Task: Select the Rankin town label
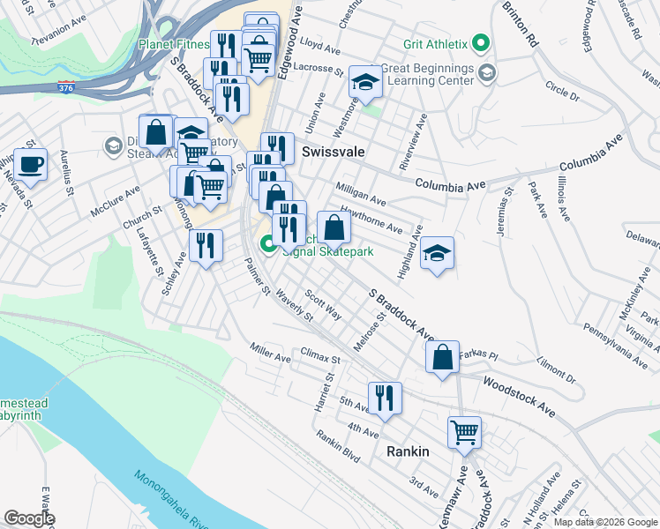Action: coord(408,451)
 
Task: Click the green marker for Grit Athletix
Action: coord(480,42)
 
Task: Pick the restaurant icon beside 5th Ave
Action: coord(385,398)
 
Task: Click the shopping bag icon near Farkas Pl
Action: coord(442,357)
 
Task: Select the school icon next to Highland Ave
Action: coord(437,253)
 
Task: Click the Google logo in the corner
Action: coord(29,518)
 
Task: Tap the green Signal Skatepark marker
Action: coord(266,243)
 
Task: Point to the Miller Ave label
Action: coord(270,352)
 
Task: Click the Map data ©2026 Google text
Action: coord(604,521)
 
